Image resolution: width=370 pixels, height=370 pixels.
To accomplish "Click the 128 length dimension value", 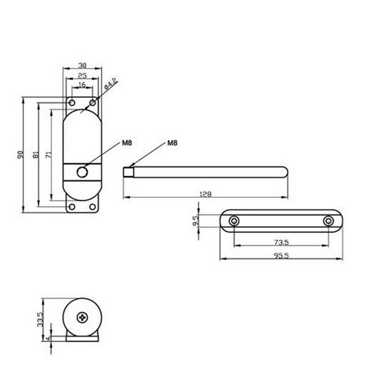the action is (205, 194).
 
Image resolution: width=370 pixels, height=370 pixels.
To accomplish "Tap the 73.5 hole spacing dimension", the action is (281, 242).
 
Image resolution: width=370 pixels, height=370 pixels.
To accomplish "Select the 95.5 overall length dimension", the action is (281, 256).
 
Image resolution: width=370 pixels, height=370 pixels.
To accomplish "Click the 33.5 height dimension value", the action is (40, 319).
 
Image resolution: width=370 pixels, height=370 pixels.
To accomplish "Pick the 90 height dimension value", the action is (21, 154).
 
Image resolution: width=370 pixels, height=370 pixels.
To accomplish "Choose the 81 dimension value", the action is (36, 154).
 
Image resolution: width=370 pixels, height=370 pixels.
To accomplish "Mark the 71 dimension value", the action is (49, 155).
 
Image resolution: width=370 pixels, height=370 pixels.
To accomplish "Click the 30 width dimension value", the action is (82, 65).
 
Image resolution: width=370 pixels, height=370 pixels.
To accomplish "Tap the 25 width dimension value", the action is (82, 75).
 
